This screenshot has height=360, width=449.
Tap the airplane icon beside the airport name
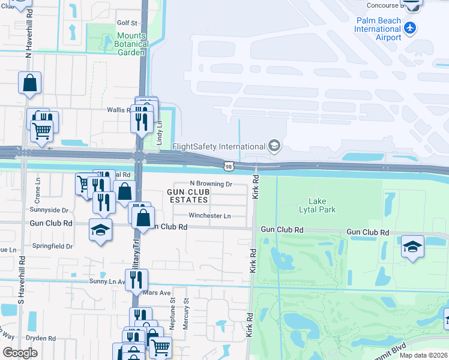point(411,28)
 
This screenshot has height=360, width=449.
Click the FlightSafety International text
point(218,146)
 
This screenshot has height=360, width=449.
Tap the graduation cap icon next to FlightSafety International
point(274,146)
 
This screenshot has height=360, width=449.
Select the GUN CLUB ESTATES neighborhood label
point(188,195)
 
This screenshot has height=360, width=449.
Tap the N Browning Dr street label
point(211,184)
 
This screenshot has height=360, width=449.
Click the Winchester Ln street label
point(209,215)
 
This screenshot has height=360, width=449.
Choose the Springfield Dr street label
point(53,246)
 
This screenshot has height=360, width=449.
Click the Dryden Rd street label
point(41,338)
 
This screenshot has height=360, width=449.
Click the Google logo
point(20,352)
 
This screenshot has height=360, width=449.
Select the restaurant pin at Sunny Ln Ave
point(137,279)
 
